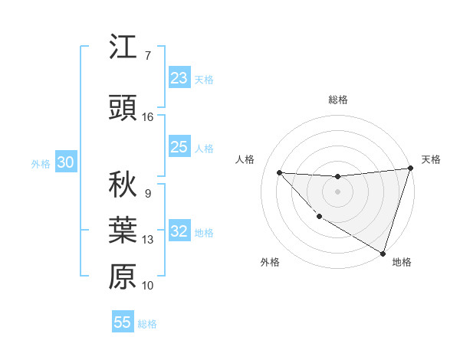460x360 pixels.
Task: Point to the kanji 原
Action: click(123, 277)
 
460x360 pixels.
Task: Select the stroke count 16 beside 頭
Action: click(148, 117)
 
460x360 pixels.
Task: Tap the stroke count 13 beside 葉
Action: click(148, 240)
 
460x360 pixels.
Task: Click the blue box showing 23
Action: click(179, 78)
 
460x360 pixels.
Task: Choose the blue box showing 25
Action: click(179, 147)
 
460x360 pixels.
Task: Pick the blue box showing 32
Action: click(179, 231)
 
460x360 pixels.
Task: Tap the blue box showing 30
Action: click(65, 162)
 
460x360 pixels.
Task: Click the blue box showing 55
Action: click(123, 322)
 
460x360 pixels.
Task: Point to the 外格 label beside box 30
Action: click(41, 164)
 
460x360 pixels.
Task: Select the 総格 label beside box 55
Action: click(148, 324)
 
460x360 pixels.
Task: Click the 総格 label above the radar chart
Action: click(337, 100)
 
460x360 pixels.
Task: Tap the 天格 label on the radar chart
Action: click(431, 159)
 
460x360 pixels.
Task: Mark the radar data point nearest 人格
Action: click(279, 172)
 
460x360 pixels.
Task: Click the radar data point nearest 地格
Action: click(383, 254)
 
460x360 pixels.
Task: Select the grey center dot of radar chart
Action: click(337, 191)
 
